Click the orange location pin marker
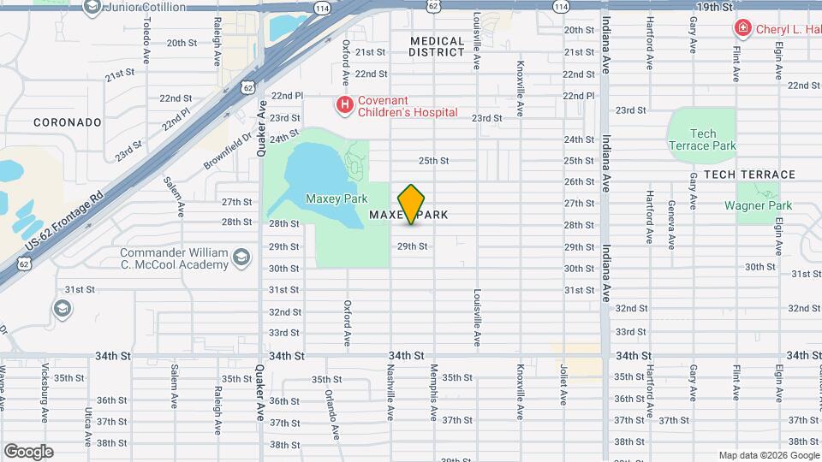(412, 204)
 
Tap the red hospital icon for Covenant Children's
(344, 105)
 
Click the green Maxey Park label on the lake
(331, 198)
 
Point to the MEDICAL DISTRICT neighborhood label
(436, 46)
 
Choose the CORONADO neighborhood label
(68, 122)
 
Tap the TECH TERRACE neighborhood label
(749, 175)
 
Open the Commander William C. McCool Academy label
(173, 258)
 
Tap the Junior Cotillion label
(145, 7)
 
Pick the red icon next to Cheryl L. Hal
(742, 28)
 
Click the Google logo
(28, 452)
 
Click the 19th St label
(715, 7)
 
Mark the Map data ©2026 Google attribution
(768, 455)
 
